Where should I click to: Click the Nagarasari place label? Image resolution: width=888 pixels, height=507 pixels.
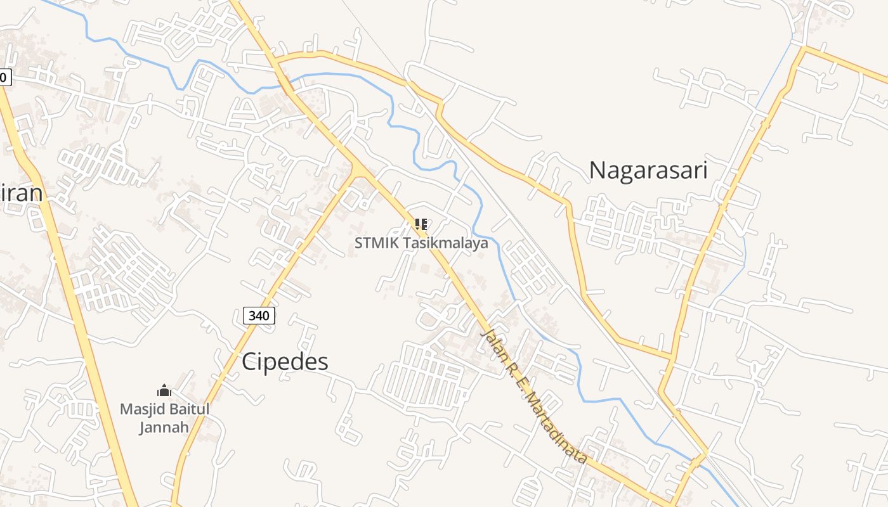click(x=648, y=170)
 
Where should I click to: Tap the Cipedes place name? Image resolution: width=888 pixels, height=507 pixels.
click(x=285, y=362)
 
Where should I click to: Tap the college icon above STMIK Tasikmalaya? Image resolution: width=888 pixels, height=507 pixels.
click(x=420, y=224)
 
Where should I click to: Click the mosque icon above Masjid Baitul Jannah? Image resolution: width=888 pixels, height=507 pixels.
click(x=164, y=390)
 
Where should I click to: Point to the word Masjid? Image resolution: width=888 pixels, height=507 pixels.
click(x=142, y=409)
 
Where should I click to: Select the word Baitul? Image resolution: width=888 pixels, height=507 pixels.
click(x=188, y=409)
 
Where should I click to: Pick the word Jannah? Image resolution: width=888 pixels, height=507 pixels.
click(x=164, y=427)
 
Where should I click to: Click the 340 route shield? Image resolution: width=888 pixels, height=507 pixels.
click(x=259, y=316)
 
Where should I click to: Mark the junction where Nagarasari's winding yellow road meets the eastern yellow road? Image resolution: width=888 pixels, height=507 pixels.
click(x=672, y=356)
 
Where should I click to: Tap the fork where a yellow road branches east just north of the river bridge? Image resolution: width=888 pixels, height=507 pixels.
click(x=277, y=61)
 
